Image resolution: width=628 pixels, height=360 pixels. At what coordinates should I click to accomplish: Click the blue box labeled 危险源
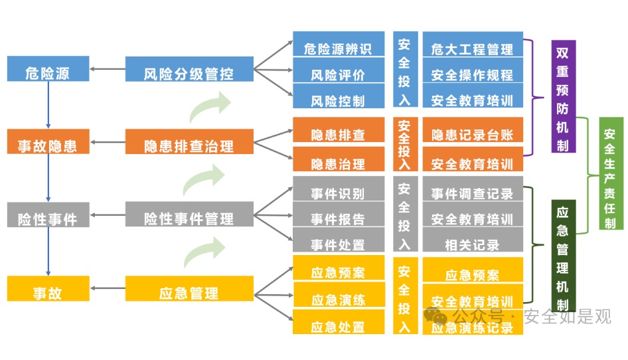click(x=48, y=69)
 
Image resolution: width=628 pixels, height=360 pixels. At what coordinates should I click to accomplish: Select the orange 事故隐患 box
click(x=48, y=142)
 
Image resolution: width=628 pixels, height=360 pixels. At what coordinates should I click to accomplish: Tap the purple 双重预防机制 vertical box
click(x=563, y=97)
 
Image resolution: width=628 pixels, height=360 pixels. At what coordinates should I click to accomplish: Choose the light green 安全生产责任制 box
click(x=610, y=174)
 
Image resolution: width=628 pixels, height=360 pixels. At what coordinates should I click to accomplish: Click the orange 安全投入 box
click(x=404, y=145)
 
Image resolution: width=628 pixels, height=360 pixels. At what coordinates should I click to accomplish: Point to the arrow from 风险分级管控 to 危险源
click(x=108, y=69)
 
